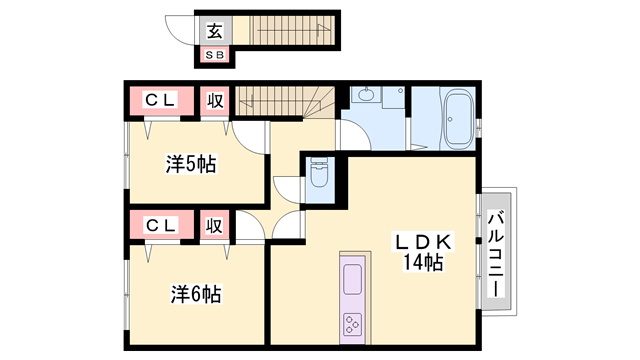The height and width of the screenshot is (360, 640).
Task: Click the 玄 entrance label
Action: click(x=215, y=30)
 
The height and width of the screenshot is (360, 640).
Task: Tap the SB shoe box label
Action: click(x=215, y=55)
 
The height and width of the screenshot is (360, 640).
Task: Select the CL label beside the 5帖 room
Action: click(x=160, y=100)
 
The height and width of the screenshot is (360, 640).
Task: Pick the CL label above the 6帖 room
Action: click(x=160, y=225)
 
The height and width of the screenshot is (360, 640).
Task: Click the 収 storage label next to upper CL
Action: click(x=214, y=100)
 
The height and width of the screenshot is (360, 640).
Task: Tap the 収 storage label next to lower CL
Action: click(x=214, y=225)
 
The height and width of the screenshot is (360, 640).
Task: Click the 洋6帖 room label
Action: click(x=195, y=294)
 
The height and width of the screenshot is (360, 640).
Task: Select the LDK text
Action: click(x=425, y=242)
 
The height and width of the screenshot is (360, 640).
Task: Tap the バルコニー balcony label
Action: click(x=497, y=256)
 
